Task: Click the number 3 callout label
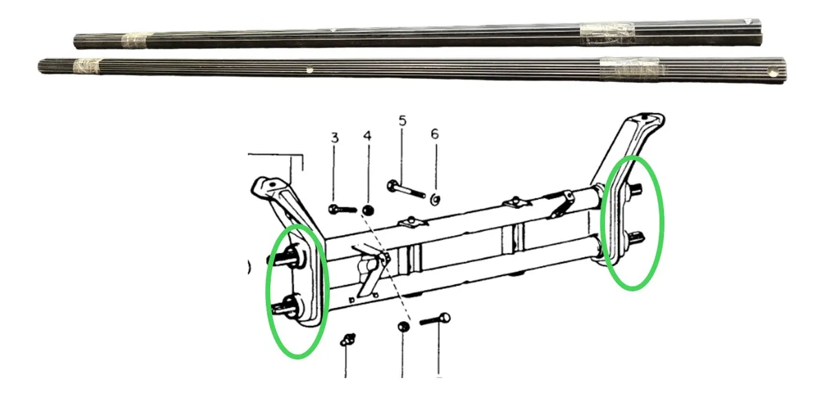point(335,138)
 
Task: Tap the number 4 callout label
point(367,137)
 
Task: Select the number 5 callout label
point(402,121)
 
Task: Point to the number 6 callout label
point(434,133)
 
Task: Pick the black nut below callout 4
point(368,210)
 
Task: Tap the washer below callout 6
point(435,199)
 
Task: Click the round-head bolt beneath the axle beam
point(436,320)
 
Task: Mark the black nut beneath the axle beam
point(403,327)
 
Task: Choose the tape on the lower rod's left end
point(85,67)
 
